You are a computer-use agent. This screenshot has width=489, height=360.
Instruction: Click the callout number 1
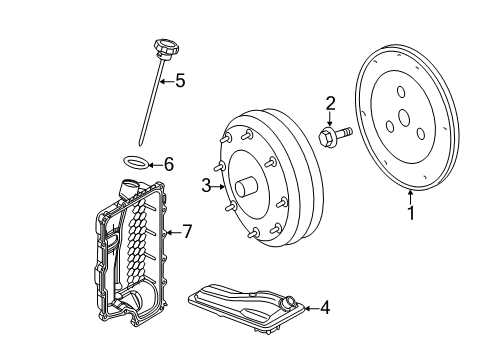pos(408,212)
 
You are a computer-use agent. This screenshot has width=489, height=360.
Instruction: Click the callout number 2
pos(330,102)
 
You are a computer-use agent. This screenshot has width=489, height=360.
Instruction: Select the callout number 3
pos(205,185)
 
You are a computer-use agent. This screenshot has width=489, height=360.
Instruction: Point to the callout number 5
pos(180,80)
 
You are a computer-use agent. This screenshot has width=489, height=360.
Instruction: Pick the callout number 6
pos(168,163)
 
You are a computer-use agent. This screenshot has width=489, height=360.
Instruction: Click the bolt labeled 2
pos(329,132)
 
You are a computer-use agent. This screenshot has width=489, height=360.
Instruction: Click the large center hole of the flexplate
pos(403,118)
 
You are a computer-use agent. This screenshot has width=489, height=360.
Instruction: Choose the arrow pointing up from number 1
pos(408,194)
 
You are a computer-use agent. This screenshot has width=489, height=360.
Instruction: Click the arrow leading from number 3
pos(218,185)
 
